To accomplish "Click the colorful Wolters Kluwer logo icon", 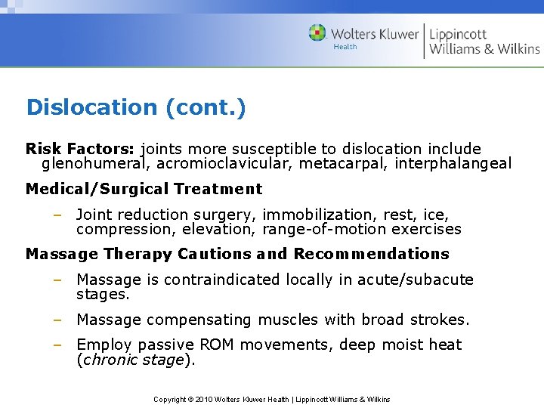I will [x=317, y=33].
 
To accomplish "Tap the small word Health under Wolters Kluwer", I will [x=345, y=47].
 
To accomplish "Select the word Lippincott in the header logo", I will [x=458, y=34].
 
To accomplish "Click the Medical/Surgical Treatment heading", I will [x=144, y=189].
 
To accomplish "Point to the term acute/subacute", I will [x=415, y=280].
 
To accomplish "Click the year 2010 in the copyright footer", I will [x=204, y=399].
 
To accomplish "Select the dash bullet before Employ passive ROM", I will [x=57, y=345].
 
